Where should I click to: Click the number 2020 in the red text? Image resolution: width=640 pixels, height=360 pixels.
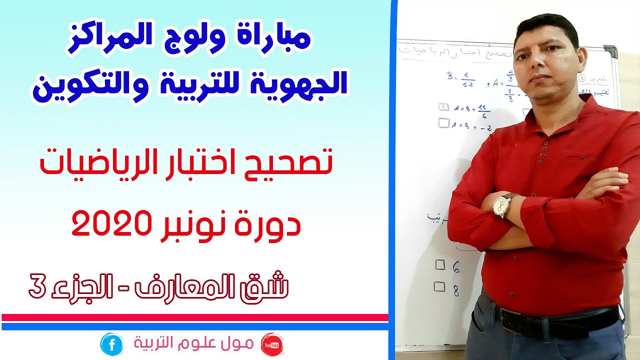(x=108, y=224)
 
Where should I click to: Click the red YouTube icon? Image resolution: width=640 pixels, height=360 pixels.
(x=272, y=344)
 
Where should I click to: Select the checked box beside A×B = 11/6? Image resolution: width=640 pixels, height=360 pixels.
(x=443, y=107)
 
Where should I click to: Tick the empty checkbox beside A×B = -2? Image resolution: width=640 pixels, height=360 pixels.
(x=443, y=122)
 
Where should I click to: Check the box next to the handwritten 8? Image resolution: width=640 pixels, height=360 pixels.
(x=439, y=286)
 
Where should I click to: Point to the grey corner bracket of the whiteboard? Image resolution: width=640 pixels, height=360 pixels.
(x=610, y=51)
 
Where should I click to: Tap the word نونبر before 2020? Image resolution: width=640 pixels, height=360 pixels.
(x=190, y=224)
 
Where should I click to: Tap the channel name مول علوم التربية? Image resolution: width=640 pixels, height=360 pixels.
(x=194, y=344)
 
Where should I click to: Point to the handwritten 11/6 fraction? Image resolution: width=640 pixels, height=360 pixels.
(x=483, y=111)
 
